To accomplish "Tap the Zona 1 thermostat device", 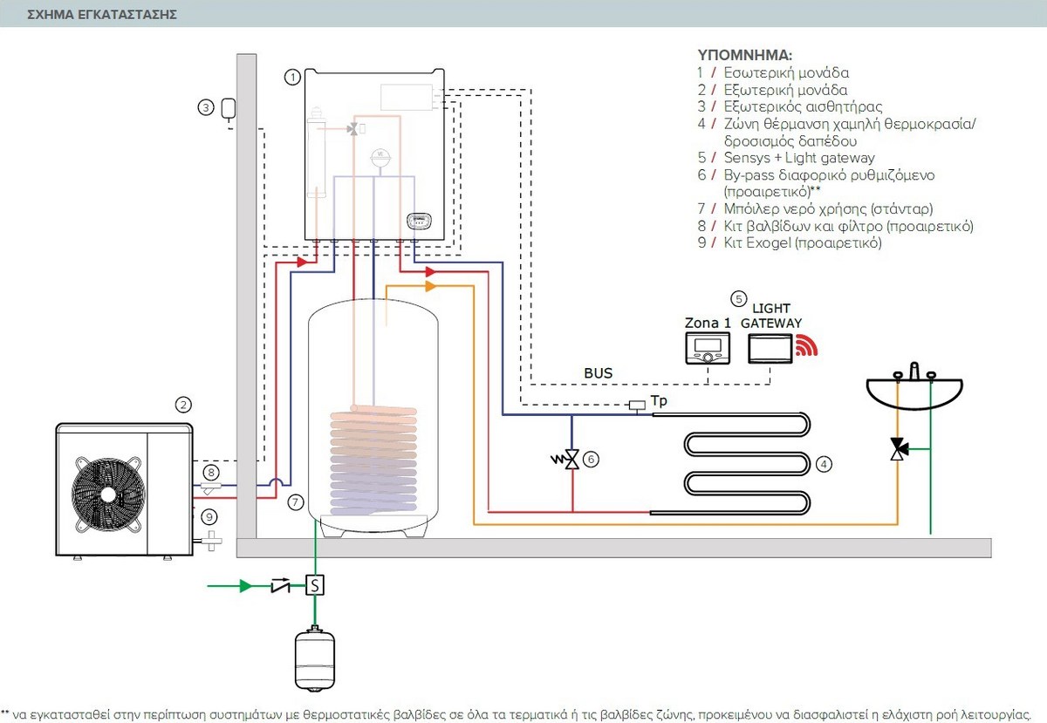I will [x=708, y=348].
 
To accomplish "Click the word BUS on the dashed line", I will [x=598, y=373].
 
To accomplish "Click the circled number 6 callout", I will [x=592, y=459].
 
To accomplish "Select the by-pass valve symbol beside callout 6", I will [x=571, y=459].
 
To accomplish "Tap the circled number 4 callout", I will [x=824, y=464].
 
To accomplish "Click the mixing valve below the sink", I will [x=897, y=448].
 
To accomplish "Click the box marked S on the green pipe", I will [x=315, y=584].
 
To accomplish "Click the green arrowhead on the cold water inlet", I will [x=247, y=584].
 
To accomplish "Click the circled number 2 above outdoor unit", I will [x=182, y=405].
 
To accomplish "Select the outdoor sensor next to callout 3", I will [x=229, y=109].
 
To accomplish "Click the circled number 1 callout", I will [x=293, y=78].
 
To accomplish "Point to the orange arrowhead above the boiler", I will [x=429, y=286].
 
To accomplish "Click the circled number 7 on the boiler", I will [x=297, y=501].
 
